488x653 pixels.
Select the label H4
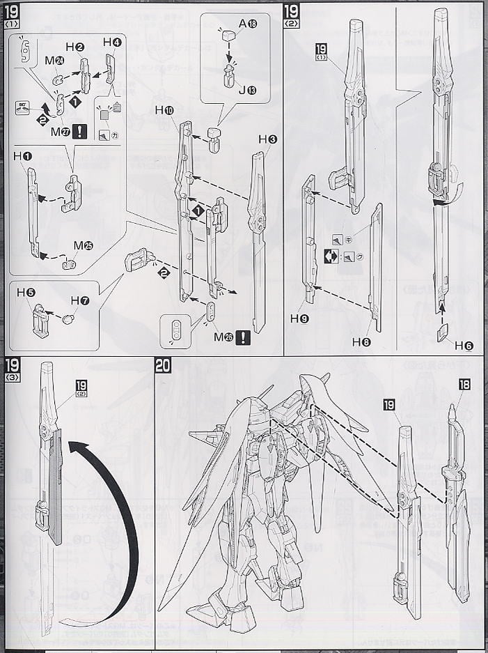pos(112,43)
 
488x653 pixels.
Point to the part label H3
pos(267,139)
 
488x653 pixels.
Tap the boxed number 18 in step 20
pos(465,384)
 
